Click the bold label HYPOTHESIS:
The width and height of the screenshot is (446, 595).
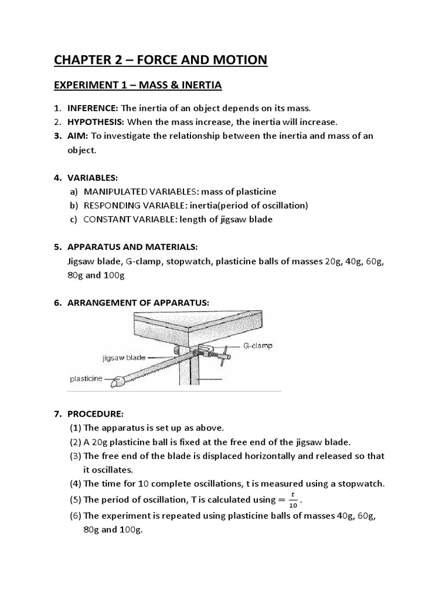(x=96, y=122)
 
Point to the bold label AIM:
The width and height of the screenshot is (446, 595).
(x=77, y=136)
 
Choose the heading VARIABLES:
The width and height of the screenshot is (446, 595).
(x=92, y=178)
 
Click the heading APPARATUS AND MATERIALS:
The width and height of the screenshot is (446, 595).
(x=133, y=247)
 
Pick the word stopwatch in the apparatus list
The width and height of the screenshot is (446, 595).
(x=189, y=261)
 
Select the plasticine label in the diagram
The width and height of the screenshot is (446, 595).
(x=86, y=378)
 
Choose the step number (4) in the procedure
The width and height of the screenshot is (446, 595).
(x=75, y=484)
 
